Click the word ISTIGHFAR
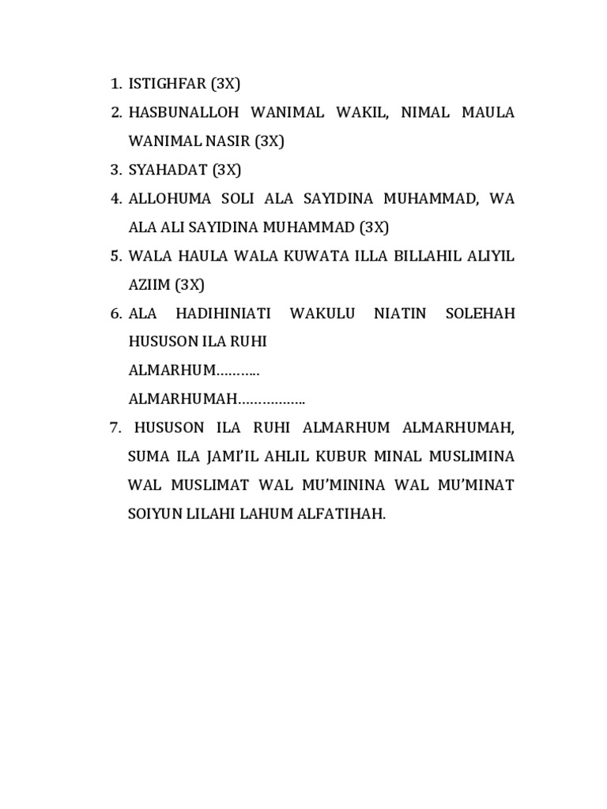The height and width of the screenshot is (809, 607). (167, 84)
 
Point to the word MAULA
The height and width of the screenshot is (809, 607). (484, 113)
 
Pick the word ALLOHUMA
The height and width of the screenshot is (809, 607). (167, 199)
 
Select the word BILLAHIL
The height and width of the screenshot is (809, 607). (429, 257)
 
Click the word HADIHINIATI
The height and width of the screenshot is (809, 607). (223, 314)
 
